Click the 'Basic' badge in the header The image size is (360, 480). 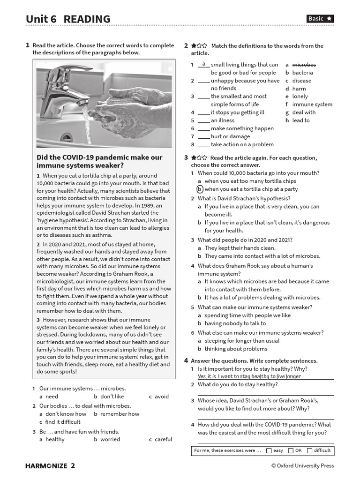[320, 19]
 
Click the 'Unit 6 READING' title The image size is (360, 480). [68, 19]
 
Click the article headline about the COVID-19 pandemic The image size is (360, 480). [99, 161]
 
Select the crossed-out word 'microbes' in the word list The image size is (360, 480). [304, 65]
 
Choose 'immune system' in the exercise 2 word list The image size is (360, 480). [312, 105]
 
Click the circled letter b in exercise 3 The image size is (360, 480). [200, 189]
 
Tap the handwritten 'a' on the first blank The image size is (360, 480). [203, 64]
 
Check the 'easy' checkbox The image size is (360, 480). [269, 451]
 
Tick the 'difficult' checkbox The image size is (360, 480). [309, 451]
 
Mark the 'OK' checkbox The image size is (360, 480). [291, 451]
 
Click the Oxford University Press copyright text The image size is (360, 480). [302, 465]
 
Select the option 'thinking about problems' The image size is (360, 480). [236, 349]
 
